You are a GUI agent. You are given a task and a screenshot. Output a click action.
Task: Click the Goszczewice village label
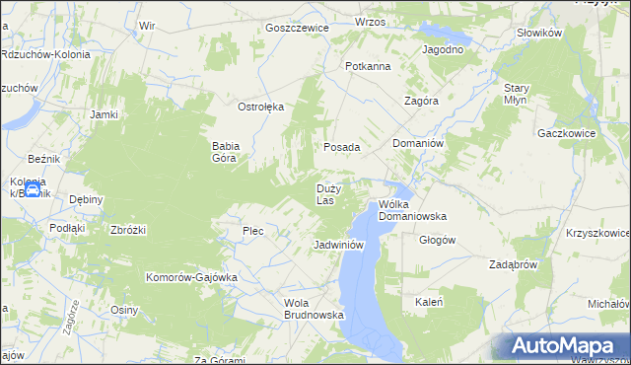click(296, 28)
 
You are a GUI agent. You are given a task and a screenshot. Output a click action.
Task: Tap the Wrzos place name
click(370, 21)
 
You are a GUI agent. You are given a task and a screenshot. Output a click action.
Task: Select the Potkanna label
click(368, 66)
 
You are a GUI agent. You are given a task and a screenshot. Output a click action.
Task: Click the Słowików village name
click(538, 33)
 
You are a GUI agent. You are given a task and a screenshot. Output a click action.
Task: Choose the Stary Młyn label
click(517, 94)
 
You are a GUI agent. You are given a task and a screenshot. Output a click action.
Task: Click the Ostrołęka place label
click(261, 106)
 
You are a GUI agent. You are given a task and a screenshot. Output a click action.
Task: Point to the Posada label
click(342, 146)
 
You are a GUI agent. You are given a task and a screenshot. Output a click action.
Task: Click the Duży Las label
click(328, 193)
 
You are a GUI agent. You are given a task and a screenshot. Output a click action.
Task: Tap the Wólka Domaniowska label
click(413, 209)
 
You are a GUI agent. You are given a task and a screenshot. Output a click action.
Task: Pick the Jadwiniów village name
click(339, 244)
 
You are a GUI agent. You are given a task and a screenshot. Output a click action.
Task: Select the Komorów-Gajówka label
click(191, 277)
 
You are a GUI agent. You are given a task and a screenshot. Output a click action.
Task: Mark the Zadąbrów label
click(513, 264)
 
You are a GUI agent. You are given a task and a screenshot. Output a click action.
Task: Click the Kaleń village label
click(428, 302)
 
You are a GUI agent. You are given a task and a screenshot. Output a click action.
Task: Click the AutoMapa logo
click(561, 346)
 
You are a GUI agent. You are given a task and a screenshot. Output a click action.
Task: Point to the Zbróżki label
click(128, 230)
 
